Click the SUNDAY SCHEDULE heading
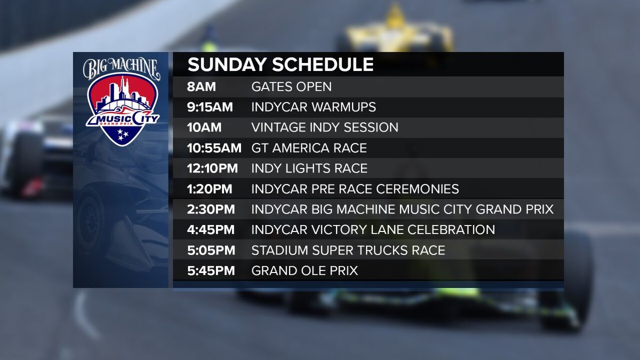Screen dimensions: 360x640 [280, 65]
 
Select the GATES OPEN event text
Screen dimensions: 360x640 [291, 86]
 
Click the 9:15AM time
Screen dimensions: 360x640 [210, 107]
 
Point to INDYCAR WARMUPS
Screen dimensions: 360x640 [314, 107]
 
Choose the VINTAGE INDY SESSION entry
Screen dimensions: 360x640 [325, 127]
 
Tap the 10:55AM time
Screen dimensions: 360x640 [214, 148]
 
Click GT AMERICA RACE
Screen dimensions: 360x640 [309, 148]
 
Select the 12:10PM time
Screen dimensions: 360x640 [213, 169]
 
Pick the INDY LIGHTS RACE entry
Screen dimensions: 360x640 [309, 169]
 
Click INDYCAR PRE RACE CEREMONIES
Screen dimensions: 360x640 [355, 189]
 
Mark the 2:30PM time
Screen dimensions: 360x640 [211, 210]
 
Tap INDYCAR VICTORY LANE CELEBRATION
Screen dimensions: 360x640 [373, 230]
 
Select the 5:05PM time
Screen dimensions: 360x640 [211, 250]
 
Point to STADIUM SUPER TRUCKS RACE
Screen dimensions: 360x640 [348, 250]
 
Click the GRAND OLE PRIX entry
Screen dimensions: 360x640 [304, 271]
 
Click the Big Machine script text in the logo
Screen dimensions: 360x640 [121, 67]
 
